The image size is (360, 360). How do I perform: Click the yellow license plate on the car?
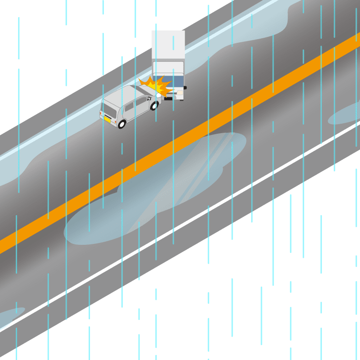[108, 119]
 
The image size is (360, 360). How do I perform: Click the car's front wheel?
[154, 106]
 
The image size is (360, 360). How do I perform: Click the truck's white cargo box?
[168, 45]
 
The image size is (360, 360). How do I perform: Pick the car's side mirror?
[149, 98]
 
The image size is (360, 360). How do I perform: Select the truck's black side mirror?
[185, 88]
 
